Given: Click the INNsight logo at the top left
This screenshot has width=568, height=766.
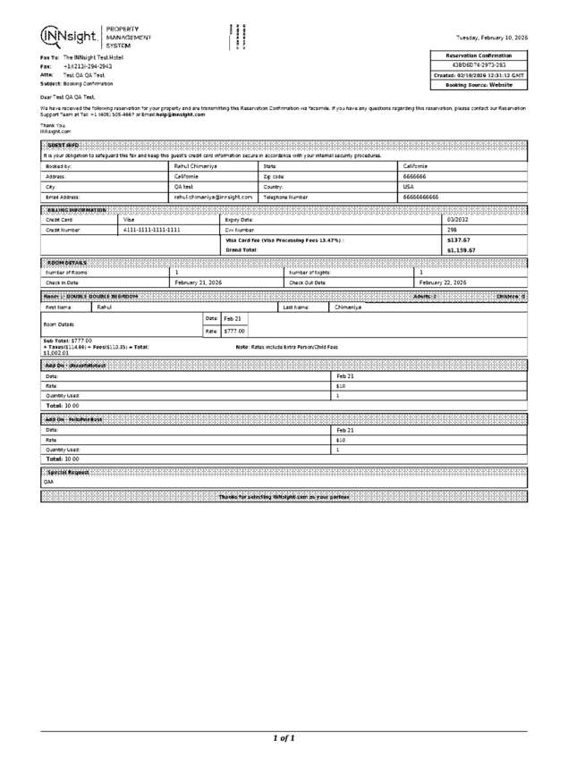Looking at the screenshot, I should click(x=70, y=37).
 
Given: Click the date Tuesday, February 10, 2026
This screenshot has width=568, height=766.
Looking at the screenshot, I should click(x=491, y=38).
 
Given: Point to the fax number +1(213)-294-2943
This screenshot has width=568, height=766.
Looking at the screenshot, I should click(x=88, y=66).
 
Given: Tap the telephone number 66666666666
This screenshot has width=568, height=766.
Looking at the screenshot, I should click(x=421, y=197).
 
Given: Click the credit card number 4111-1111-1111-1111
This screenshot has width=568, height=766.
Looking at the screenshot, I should click(x=152, y=230).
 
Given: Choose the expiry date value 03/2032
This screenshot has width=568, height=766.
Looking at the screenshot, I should click(x=459, y=219).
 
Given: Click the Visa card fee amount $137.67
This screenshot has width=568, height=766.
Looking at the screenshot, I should click(x=459, y=240).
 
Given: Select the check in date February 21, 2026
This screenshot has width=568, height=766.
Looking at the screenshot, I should click(x=198, y=282).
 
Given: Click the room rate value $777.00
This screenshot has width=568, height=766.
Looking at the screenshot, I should click(x=234, y=331).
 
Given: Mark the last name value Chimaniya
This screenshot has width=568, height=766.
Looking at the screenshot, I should click(x=349, y=307).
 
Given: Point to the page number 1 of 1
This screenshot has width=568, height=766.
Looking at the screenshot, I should click(x=284, y=738).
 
